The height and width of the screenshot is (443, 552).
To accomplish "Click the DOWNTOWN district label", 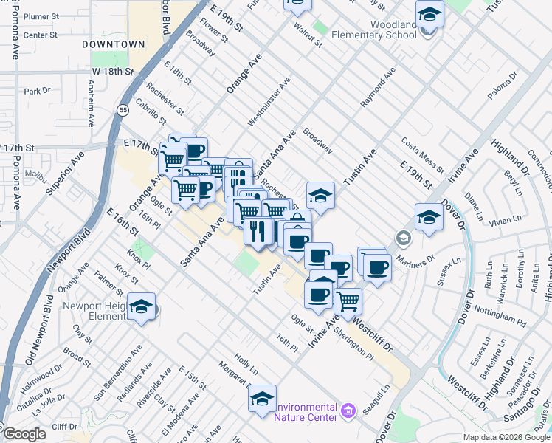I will (x=113, y=44).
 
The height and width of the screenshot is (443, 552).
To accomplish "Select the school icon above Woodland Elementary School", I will (x=429, y=13).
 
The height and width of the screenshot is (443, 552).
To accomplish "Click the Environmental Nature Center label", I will (x=306, y=412).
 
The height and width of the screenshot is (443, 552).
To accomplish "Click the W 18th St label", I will (x=112, y=72).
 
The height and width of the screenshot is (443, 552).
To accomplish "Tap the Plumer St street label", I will (x=41, y=16).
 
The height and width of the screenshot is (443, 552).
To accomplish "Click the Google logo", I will (x=25, y=435).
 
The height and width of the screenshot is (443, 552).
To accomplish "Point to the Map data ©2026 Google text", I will (x=506, y=437).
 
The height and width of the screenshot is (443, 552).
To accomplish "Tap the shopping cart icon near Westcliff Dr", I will (x=348, y=300).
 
